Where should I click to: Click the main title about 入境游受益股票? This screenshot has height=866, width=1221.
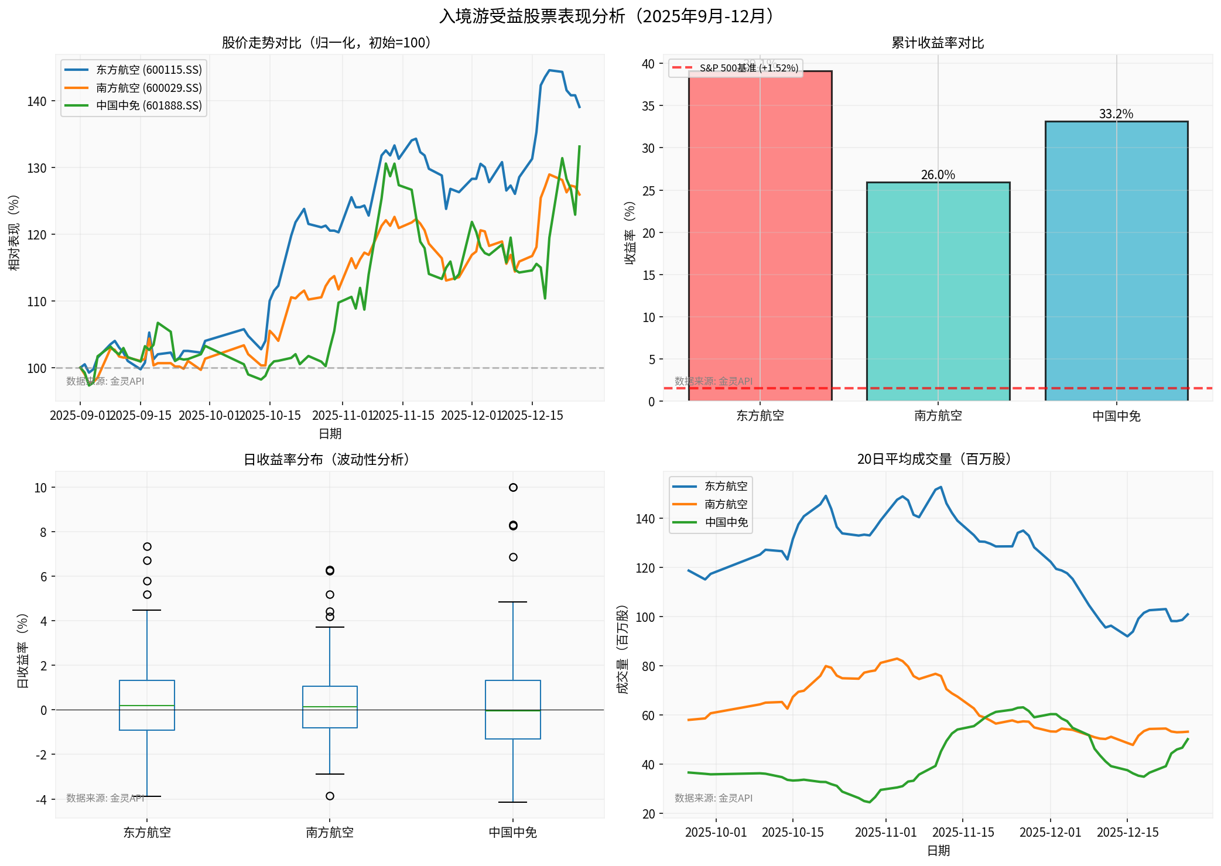click(x=610, y=16)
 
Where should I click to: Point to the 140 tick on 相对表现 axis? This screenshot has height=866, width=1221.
click(x=36, y=101)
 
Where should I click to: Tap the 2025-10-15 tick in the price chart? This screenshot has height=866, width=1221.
click(x=270, y=416)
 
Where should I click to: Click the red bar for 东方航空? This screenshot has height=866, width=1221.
click(x=760, y=234)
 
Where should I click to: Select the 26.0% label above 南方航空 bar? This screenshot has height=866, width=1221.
click(x=938, y=174)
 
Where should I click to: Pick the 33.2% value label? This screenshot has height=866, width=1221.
click(x=1116, y=114)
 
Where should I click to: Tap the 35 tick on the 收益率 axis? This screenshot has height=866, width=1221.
click(x=648, y=106)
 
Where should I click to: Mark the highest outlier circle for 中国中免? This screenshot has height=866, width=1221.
click(x=513, y=487)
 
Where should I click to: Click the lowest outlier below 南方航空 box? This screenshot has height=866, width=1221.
click(x=330, y=796)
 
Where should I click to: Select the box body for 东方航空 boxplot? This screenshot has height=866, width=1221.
click(x=147, y=705)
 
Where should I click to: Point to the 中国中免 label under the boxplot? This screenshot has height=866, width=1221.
click(x=512, y=833)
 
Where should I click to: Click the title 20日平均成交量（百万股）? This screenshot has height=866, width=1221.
click(x=938, y=460)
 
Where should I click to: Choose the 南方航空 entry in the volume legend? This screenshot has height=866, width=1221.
click(x=726, y=504)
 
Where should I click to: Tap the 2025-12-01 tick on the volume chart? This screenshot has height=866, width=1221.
click(x=1050, y=833)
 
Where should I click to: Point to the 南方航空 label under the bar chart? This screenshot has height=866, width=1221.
click(x=938, y=416)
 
